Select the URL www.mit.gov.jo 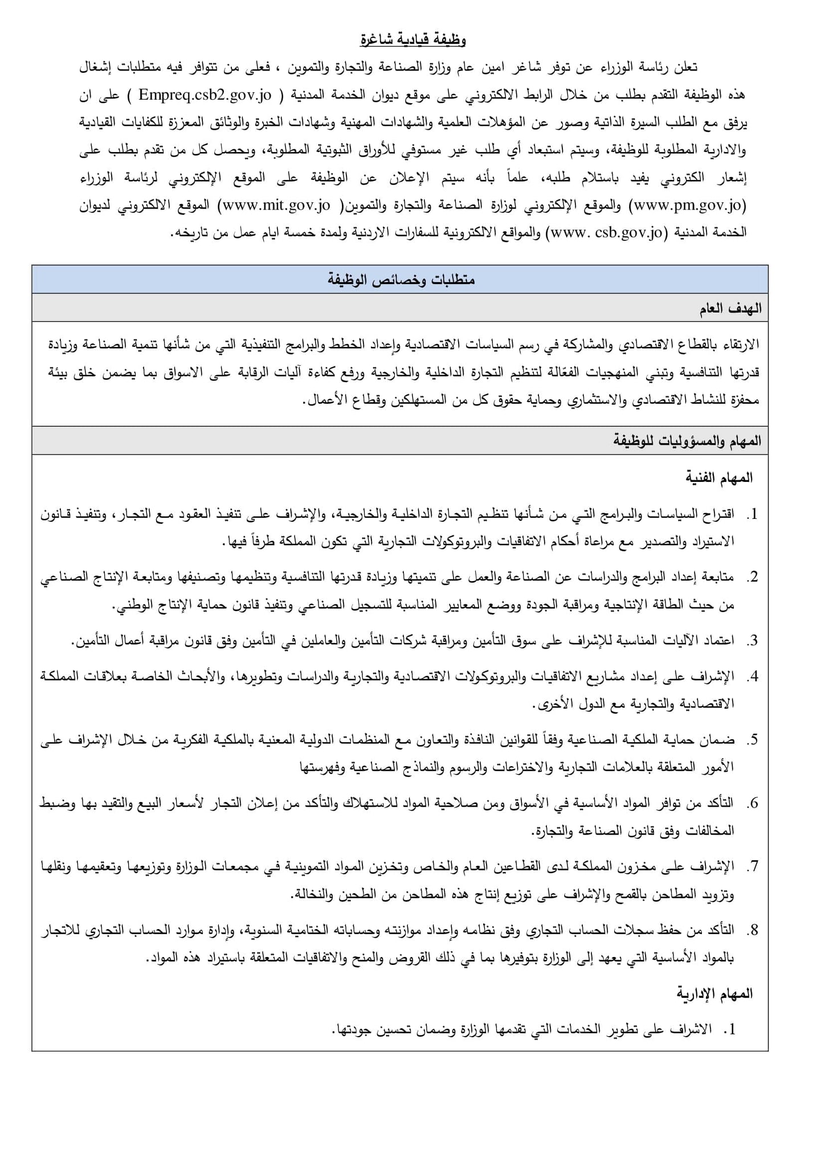click(277, 205)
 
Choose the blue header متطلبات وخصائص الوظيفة click(401, 280)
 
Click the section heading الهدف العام click(730, 309)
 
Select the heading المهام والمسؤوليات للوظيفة click(687, 441)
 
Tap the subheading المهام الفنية click(718, 478)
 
